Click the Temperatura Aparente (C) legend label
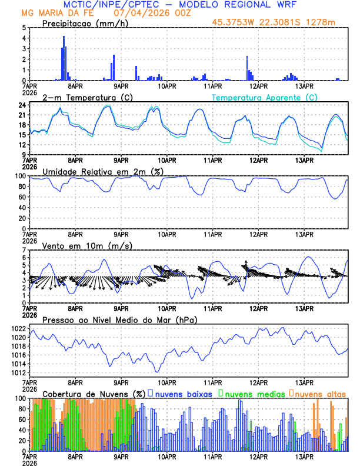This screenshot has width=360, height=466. coord(265,97)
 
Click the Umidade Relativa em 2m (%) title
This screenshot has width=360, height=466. coord(104,171)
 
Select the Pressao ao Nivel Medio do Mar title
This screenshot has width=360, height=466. coord(119,319)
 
